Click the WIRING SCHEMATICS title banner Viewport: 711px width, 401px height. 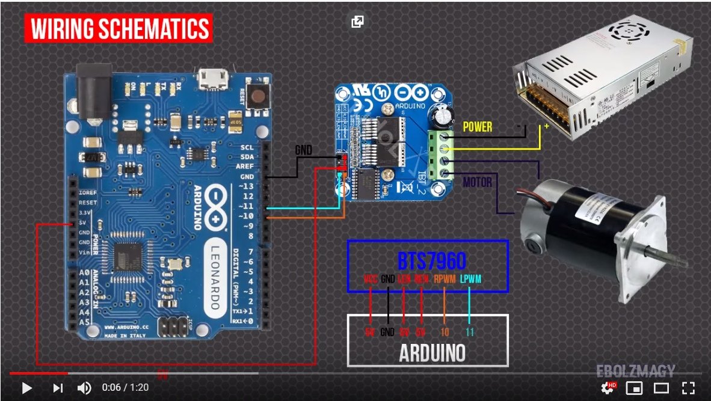(118, 29)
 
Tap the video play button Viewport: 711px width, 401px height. (26, 388)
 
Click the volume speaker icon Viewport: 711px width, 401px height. (84, 388)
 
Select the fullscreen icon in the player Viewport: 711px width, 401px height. (688, 388)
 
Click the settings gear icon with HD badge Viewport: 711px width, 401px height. (608, 388)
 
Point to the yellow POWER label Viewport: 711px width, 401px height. (477, 127)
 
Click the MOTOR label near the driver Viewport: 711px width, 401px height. (477, 182)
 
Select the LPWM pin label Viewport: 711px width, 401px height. (470, 280)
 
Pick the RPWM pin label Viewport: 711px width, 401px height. (445, 280)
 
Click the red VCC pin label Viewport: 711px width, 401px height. (371, 280)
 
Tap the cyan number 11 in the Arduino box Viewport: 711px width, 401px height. (470, 332)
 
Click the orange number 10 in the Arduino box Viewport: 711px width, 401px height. (445, 332)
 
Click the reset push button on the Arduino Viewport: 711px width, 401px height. (259, 96)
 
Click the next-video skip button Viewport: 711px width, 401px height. (58, 388)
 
